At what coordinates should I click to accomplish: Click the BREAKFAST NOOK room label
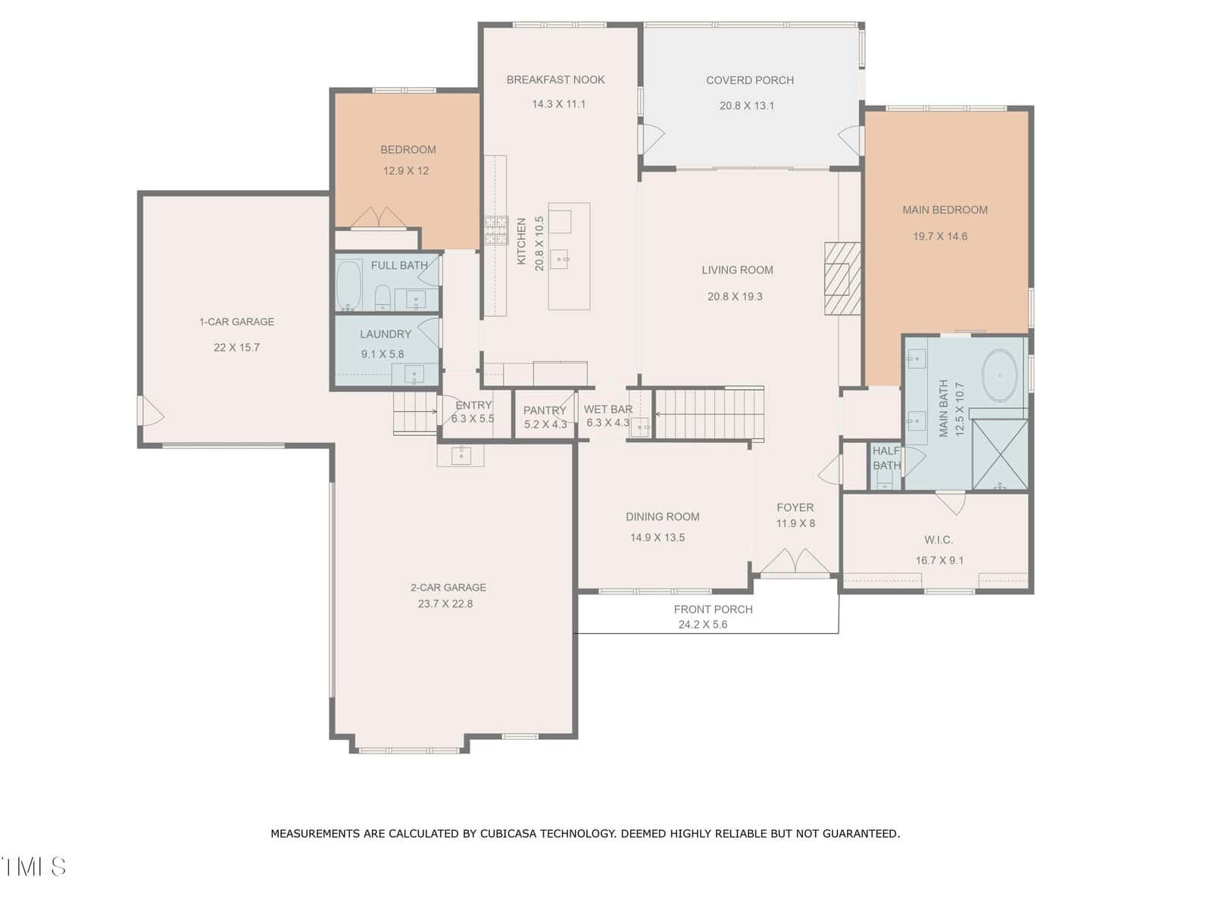(555, 80)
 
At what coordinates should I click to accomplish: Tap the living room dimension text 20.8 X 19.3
(734, 296)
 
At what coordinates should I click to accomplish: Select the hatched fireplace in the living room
(842, 278)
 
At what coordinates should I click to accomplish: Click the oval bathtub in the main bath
(999, 375)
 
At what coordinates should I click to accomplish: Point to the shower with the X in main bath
(999, 454)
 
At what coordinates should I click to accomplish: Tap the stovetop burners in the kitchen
(496, 230)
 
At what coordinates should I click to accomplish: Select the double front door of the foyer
(795, 561)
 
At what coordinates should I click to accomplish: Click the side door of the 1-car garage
(150, 410)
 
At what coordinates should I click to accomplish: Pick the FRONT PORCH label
(713, 610)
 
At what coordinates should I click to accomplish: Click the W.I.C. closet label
(938, 539)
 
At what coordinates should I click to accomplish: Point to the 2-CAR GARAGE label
(448, 588)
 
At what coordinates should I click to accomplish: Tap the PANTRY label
(545, 410)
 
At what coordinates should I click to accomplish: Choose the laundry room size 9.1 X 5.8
(382, 354)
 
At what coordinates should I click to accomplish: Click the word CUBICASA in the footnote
(508, 834)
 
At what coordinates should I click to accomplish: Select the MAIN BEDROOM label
(945, 210)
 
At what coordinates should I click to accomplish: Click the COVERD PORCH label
(749, 80)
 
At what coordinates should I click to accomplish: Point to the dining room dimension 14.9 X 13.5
(657, 537)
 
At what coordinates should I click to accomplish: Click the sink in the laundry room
(414, 375)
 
